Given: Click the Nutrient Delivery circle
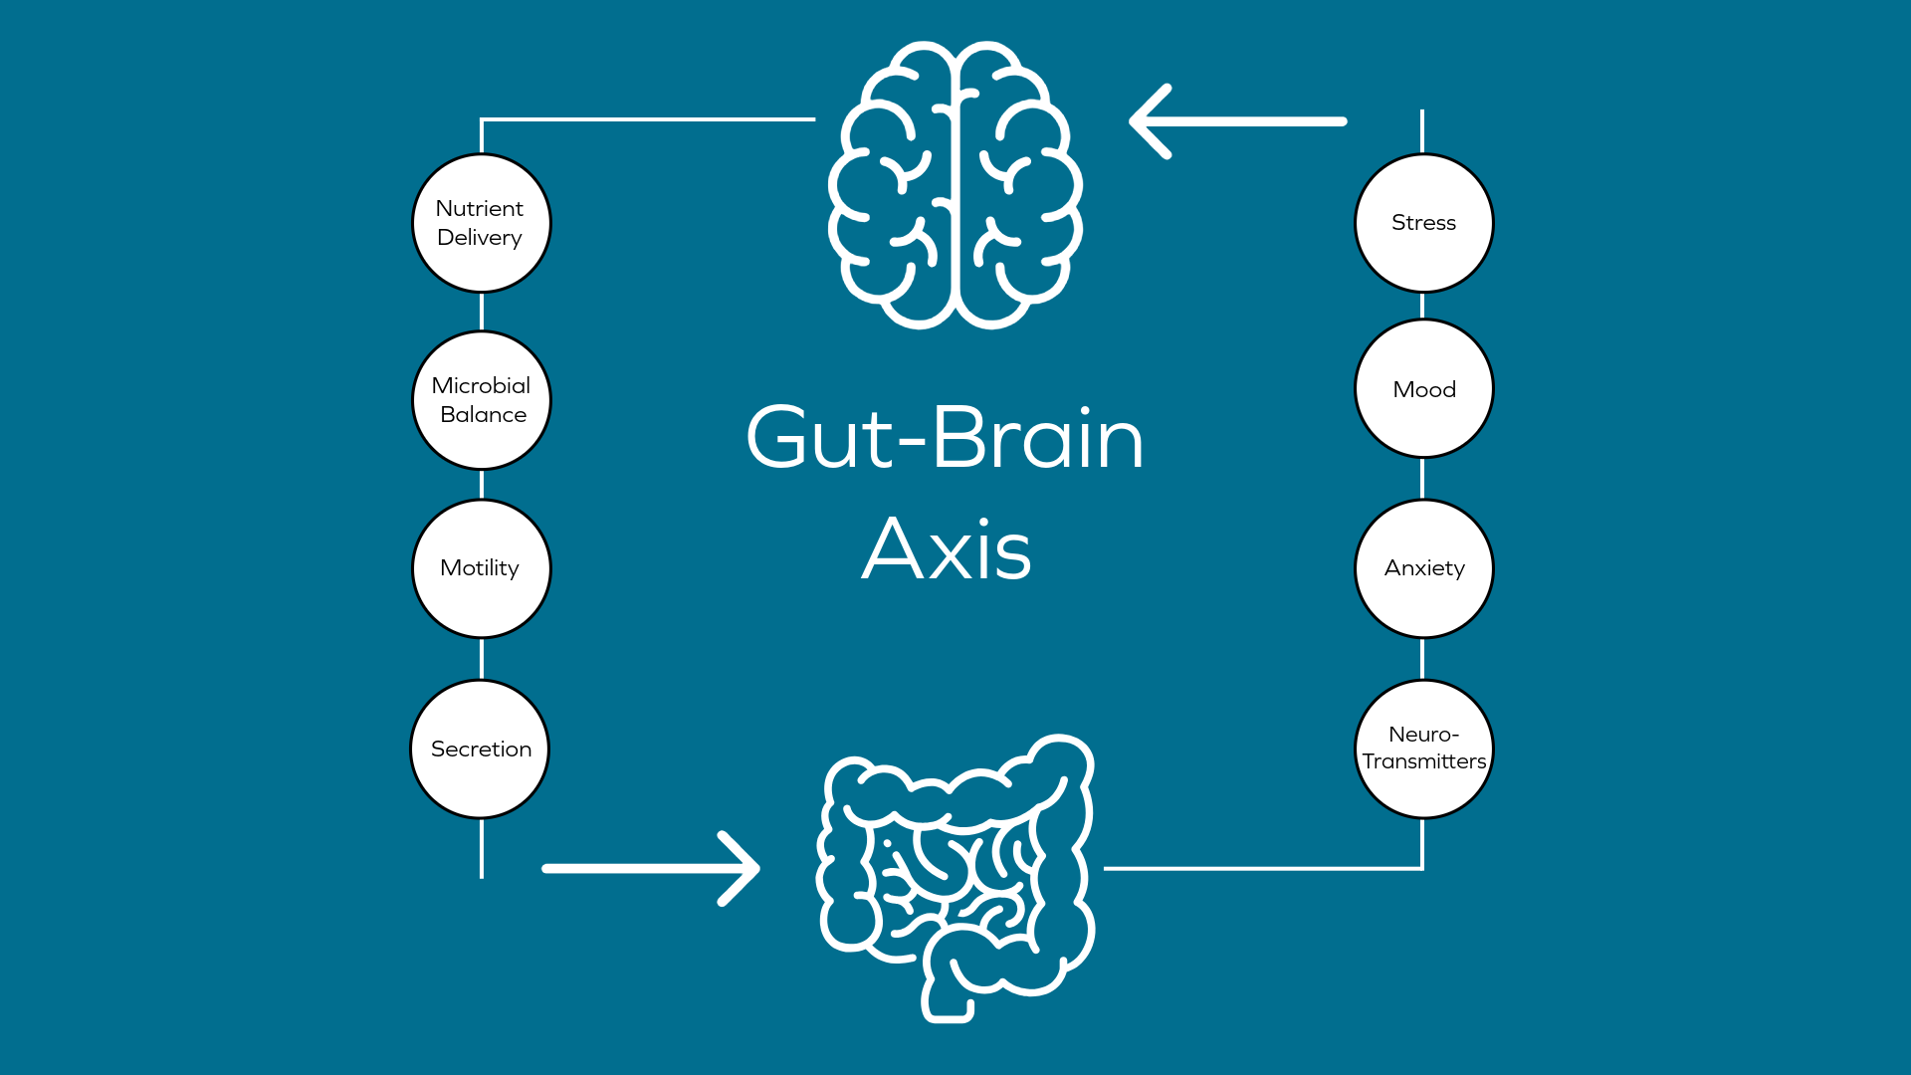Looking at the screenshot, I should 482,223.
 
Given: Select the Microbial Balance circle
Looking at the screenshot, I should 482,400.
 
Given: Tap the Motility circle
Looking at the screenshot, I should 482,568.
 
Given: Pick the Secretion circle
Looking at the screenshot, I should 480,749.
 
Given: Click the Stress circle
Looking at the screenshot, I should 1423,223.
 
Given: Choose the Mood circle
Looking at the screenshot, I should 1423,388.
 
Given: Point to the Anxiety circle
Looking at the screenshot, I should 1423,568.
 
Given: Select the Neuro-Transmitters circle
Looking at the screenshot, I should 1423,749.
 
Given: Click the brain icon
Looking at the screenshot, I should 955,185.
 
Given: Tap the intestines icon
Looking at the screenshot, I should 955,876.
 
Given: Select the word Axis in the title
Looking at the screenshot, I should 947,549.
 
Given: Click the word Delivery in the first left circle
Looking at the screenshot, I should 480,238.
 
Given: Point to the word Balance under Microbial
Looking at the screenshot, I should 484,415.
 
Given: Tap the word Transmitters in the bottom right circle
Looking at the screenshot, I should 1423,761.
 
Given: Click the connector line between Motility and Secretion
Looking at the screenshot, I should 482,659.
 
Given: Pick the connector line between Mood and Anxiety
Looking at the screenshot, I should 1422,479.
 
